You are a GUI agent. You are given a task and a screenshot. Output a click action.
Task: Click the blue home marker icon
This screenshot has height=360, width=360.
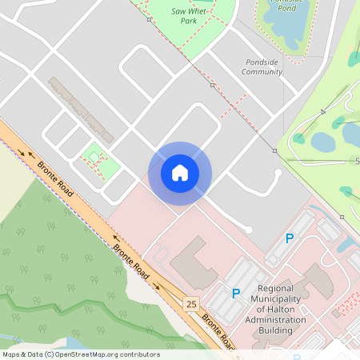(x=180, y=173)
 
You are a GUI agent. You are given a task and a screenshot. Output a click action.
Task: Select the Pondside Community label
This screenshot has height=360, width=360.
(x=262, y=66)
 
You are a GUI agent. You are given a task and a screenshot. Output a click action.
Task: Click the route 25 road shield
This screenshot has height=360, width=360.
(x=190, y=303)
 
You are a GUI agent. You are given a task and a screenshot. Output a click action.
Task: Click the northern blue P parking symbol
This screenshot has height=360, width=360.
(x=290, y=238)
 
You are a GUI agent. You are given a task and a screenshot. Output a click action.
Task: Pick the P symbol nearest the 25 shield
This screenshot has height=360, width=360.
(x=236, y=294)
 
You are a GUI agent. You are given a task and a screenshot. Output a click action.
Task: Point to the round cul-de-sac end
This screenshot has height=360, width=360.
(x=249, y=230)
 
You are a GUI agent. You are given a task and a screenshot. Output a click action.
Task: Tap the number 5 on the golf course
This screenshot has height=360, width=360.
(x=357, y=162)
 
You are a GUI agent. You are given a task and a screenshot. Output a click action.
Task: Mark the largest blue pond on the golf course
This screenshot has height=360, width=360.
(x=323, y=142)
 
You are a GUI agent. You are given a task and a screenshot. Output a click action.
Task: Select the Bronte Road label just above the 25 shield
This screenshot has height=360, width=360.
(x=130, y=258)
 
